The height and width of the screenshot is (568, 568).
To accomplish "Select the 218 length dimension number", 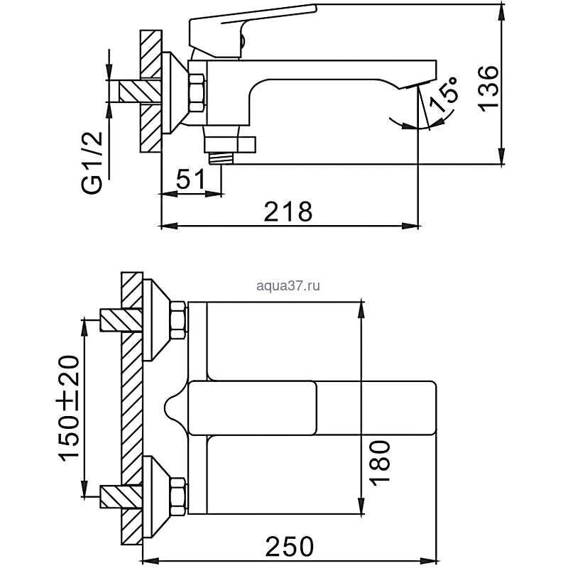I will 288,211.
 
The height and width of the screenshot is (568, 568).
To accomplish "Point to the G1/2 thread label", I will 93,162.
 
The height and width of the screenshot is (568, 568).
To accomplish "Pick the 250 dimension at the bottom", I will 289,546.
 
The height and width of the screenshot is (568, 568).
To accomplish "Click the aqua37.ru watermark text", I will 287,285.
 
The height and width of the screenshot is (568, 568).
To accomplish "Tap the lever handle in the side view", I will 252,28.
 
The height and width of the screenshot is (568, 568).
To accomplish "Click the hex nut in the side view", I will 197,93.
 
